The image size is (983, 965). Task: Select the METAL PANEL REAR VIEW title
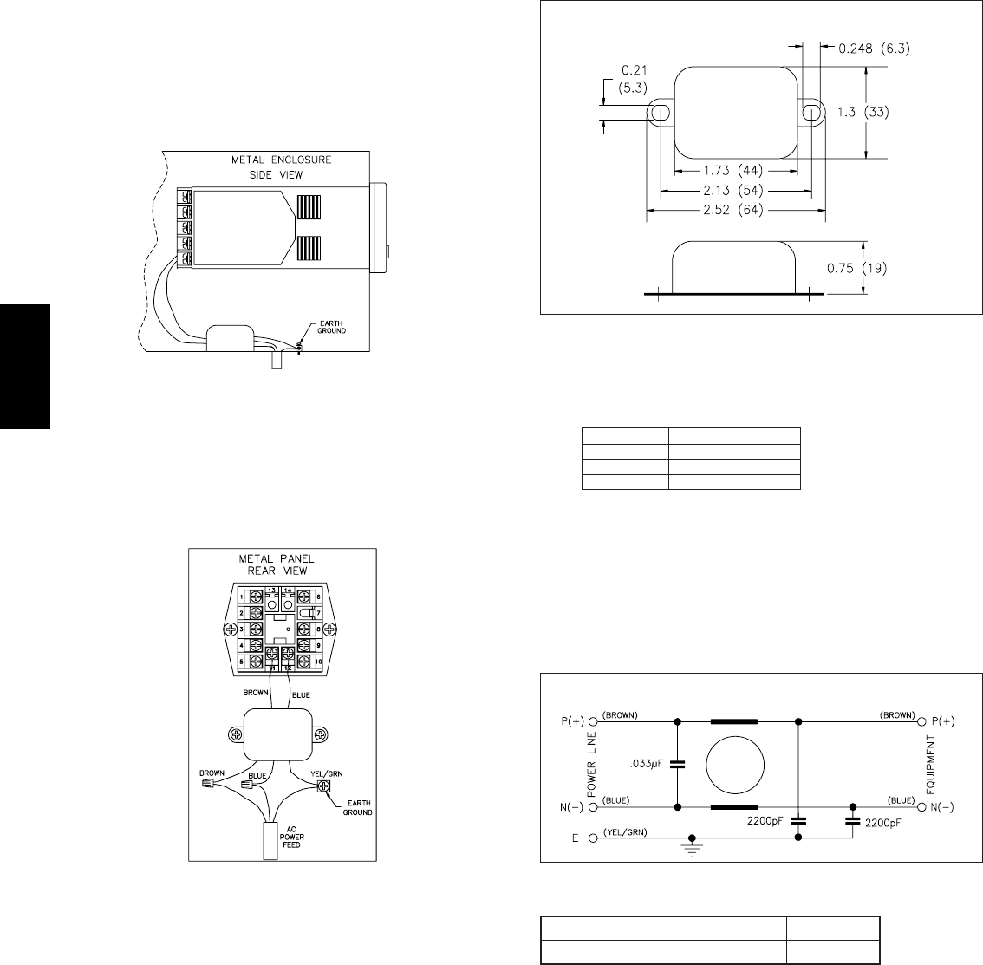[283, 564]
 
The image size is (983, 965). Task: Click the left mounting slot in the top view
[660, 112]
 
